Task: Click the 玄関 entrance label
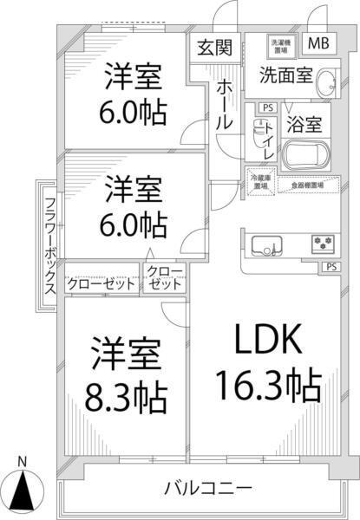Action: point(213,46)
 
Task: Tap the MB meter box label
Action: point(317,43)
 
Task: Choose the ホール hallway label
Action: point(223,103)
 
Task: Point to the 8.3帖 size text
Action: point(127,397)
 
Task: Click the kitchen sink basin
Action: point(265,244)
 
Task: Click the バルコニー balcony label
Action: point(207,486)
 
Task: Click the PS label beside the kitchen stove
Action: point(331,267)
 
